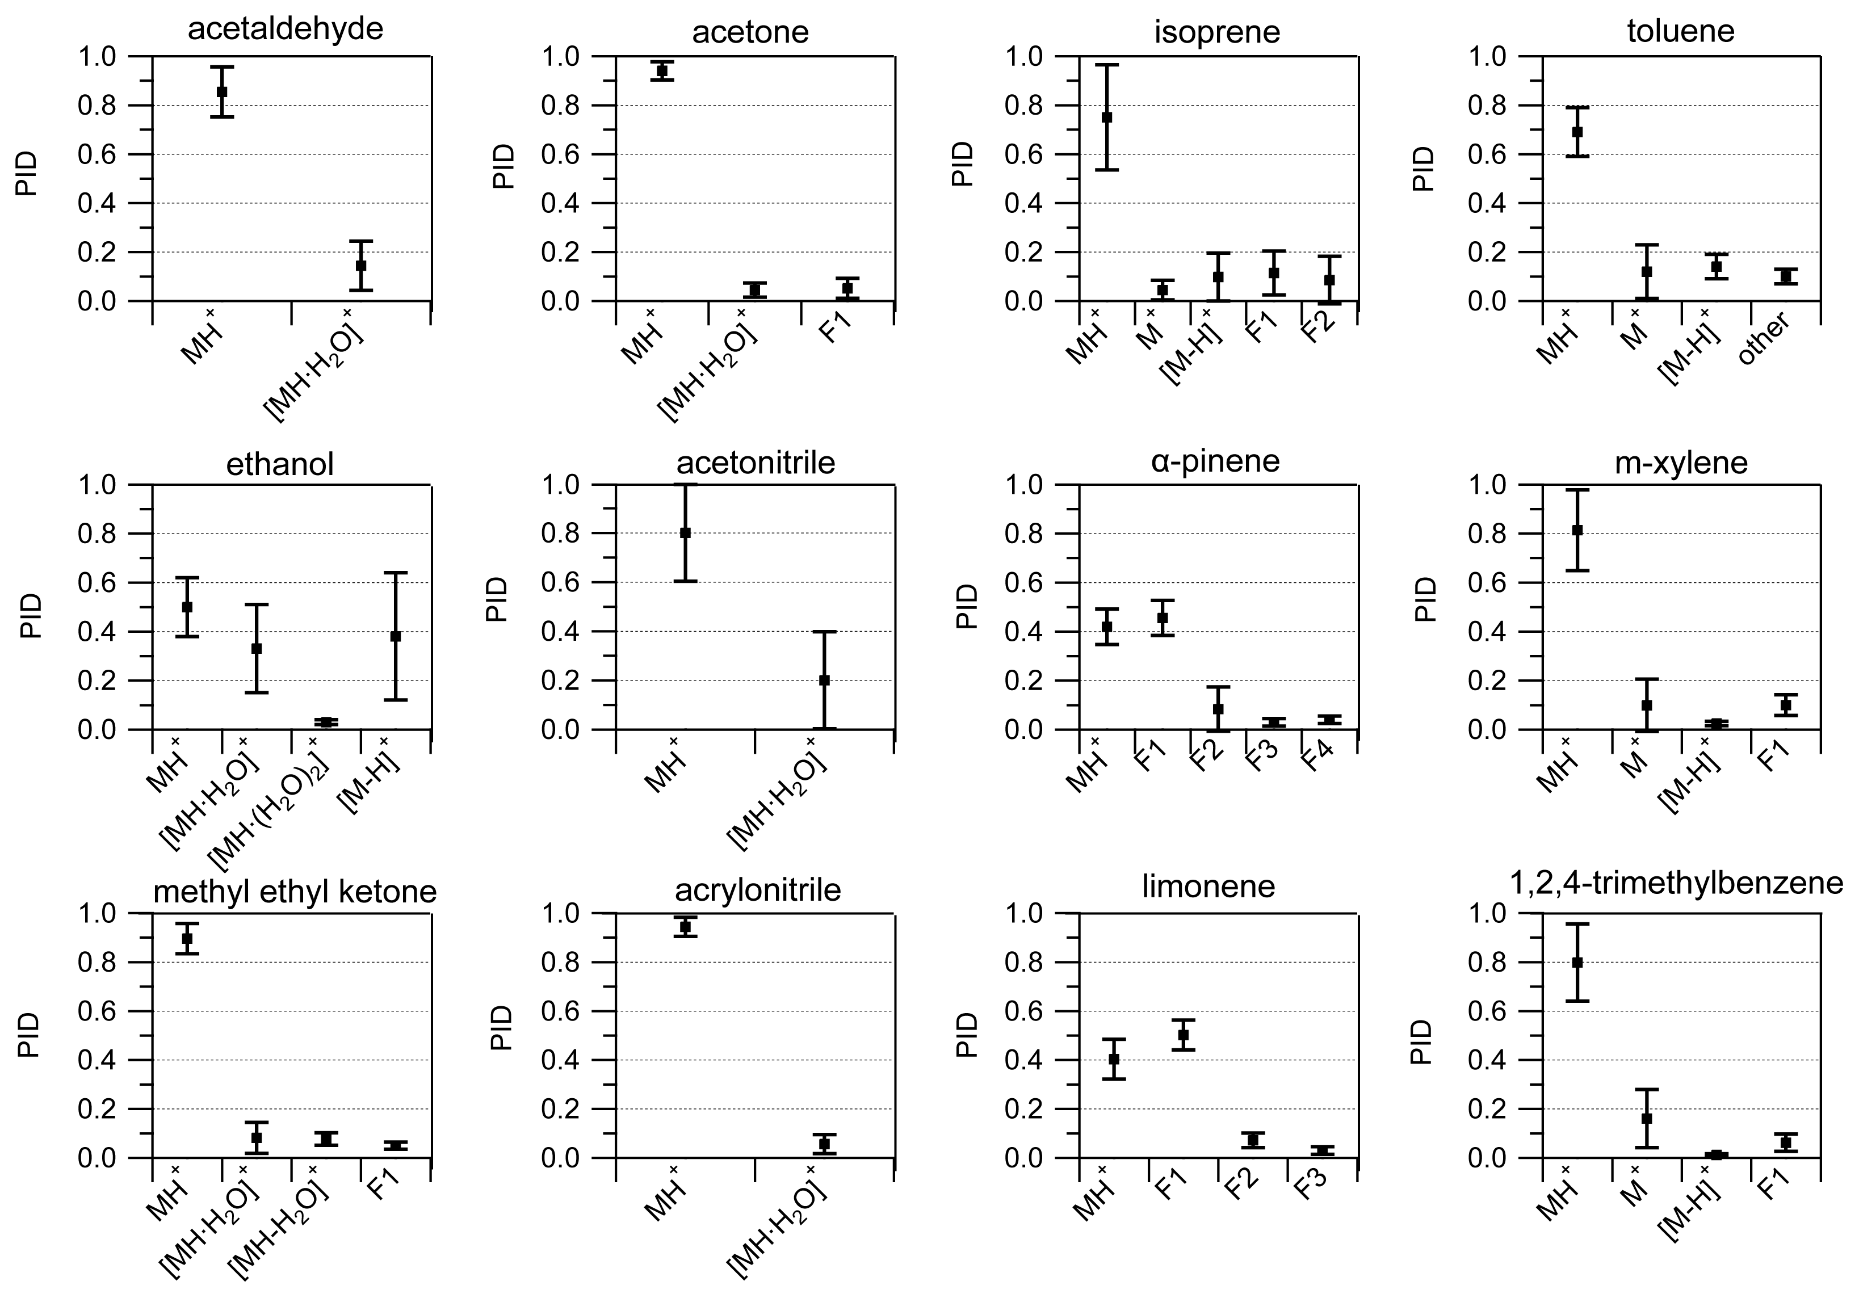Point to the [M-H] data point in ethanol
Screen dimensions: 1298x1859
point(395,636)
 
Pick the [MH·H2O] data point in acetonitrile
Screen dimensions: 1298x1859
point(824,680)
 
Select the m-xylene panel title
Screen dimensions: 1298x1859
point(1681,463)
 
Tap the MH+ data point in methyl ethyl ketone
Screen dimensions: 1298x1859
point(187,939)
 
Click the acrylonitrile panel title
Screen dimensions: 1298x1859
point(758,890)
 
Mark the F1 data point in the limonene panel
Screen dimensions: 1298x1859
point(1183,1035)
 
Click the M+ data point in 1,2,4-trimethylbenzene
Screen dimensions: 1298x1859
point(1647,1118)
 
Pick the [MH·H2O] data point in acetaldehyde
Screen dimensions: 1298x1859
point(360,266)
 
